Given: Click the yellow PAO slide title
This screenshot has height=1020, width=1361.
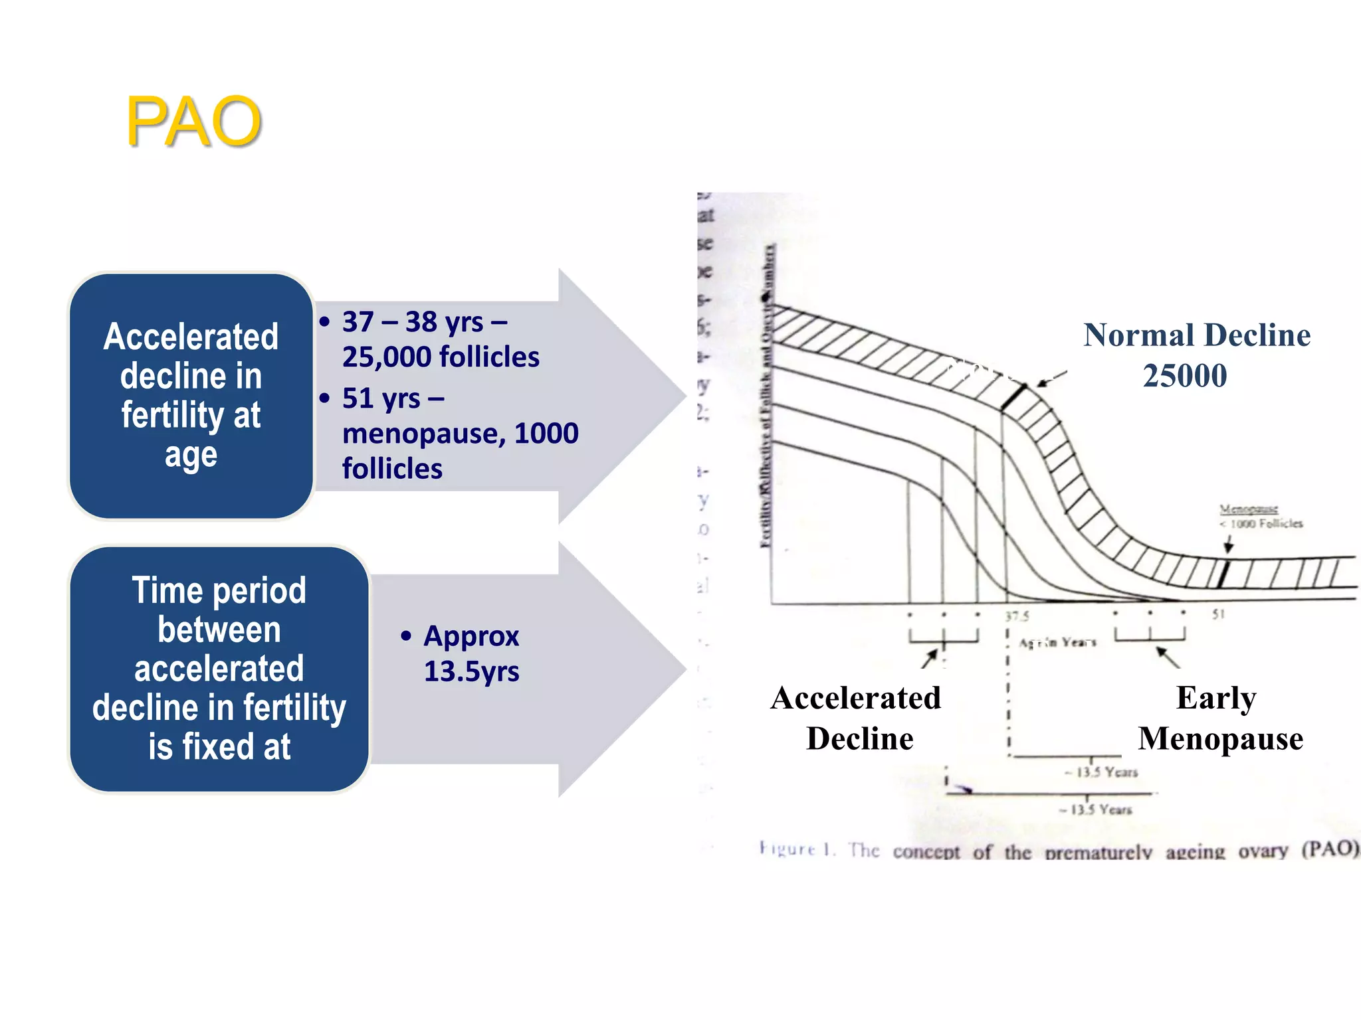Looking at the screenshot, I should [x=193, y=122].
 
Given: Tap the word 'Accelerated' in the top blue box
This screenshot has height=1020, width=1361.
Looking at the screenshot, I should [x=191, y=336].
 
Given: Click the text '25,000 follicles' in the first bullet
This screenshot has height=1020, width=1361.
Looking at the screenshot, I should [x=441, y=357].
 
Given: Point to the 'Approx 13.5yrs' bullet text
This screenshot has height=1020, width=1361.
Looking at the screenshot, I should [x=471, y=653].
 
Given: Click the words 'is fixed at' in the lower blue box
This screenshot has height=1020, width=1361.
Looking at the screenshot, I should [x=219, y=746].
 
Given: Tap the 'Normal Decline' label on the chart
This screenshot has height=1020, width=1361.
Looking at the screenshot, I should [x=1196, y=335].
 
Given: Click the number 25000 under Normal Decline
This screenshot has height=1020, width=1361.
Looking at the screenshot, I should [x=1184, y=376].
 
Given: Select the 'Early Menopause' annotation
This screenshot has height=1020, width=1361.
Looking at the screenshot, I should [x=1219, y=719].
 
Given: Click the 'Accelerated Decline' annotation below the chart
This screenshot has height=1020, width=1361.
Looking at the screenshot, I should [x=857, y=719].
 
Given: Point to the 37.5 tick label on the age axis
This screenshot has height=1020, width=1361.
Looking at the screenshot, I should [x=1017, y=616].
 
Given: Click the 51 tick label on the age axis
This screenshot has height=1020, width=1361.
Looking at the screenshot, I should [x=1217, y=614].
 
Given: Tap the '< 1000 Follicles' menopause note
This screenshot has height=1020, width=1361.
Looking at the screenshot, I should [x=1261, y=524].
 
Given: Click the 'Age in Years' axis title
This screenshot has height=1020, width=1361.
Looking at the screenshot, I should [x=1057, y=642].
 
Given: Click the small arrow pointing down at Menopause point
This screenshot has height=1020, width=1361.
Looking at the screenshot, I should [x=1228, y=545].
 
